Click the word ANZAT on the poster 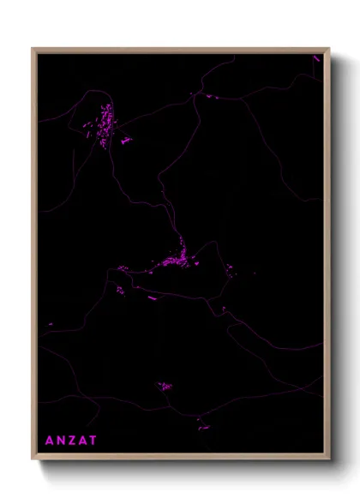71,441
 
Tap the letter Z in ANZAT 71,441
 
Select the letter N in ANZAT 60,441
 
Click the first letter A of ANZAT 49,441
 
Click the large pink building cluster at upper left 104,125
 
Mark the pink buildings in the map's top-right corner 316,58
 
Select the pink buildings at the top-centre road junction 208,96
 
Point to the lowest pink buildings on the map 203,426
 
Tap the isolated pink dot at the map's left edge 51,324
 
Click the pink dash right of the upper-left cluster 126,140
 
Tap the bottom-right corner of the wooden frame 329,459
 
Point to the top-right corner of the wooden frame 329,49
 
